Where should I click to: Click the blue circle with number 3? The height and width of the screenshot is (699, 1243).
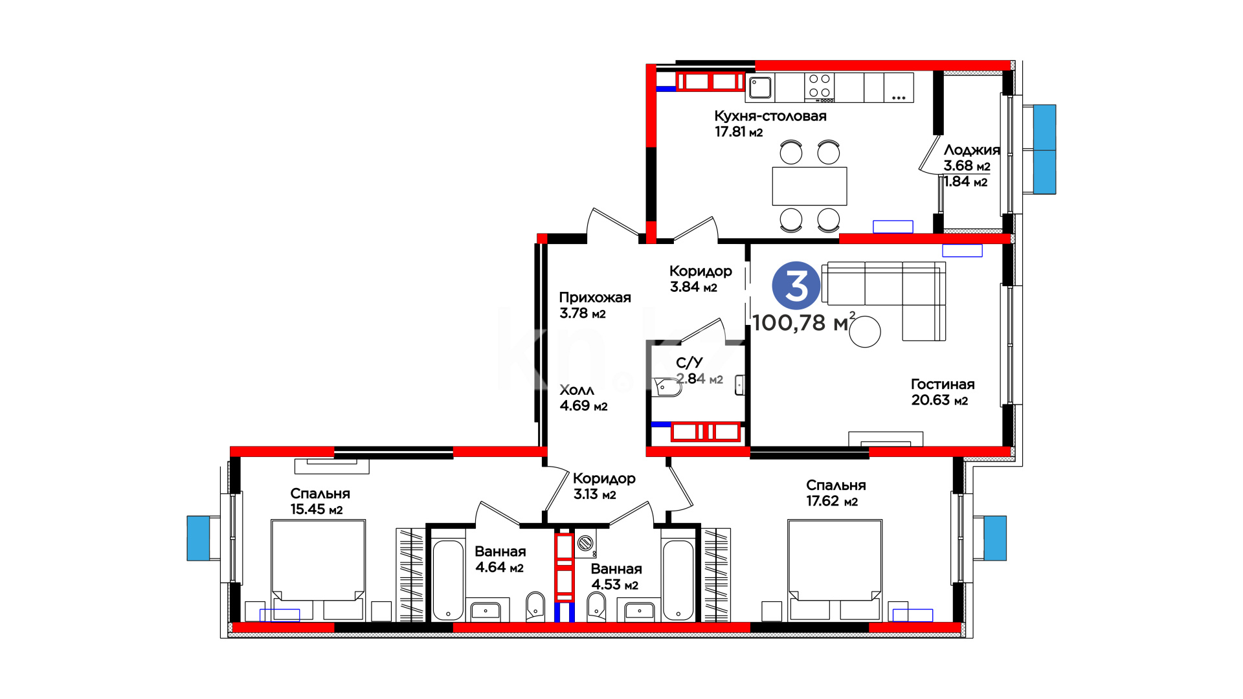pos(796,285)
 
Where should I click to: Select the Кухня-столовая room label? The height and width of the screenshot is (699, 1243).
pos(770,116)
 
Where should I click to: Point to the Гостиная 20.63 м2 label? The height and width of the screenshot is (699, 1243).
pos(943,392)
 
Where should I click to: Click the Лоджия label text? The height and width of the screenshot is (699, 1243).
pos(972,150)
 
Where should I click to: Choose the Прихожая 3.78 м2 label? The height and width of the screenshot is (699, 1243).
pos(595,305)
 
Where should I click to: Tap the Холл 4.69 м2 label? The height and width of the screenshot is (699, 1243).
pos(583,398)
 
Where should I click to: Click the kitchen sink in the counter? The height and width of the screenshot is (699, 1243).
pos(760,87)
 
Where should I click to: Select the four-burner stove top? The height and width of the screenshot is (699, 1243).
pos(820,87)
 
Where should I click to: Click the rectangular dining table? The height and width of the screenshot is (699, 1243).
pos(809,186)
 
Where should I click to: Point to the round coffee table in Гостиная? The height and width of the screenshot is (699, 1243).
pos(865,332)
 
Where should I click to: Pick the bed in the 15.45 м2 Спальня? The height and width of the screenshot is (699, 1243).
pos(318,570)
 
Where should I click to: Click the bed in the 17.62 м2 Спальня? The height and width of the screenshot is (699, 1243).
pos(834,570)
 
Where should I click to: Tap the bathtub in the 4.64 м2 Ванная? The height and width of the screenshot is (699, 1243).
pos(448,580)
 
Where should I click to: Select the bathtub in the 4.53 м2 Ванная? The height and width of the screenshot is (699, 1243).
pos(678,580)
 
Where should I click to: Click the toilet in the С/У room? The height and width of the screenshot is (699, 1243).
pos(666,387)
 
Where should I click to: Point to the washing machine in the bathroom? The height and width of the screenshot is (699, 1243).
pos(585,544)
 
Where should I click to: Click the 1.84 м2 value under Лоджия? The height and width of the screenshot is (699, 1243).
pos(965,182)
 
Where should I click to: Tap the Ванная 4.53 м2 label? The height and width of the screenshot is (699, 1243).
pos(616,577)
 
